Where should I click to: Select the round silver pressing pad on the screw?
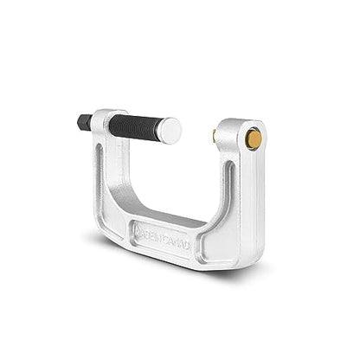tap(170, 131)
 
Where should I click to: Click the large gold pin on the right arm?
tap(253, 138)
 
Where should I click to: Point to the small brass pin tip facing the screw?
tap(213, 135)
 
